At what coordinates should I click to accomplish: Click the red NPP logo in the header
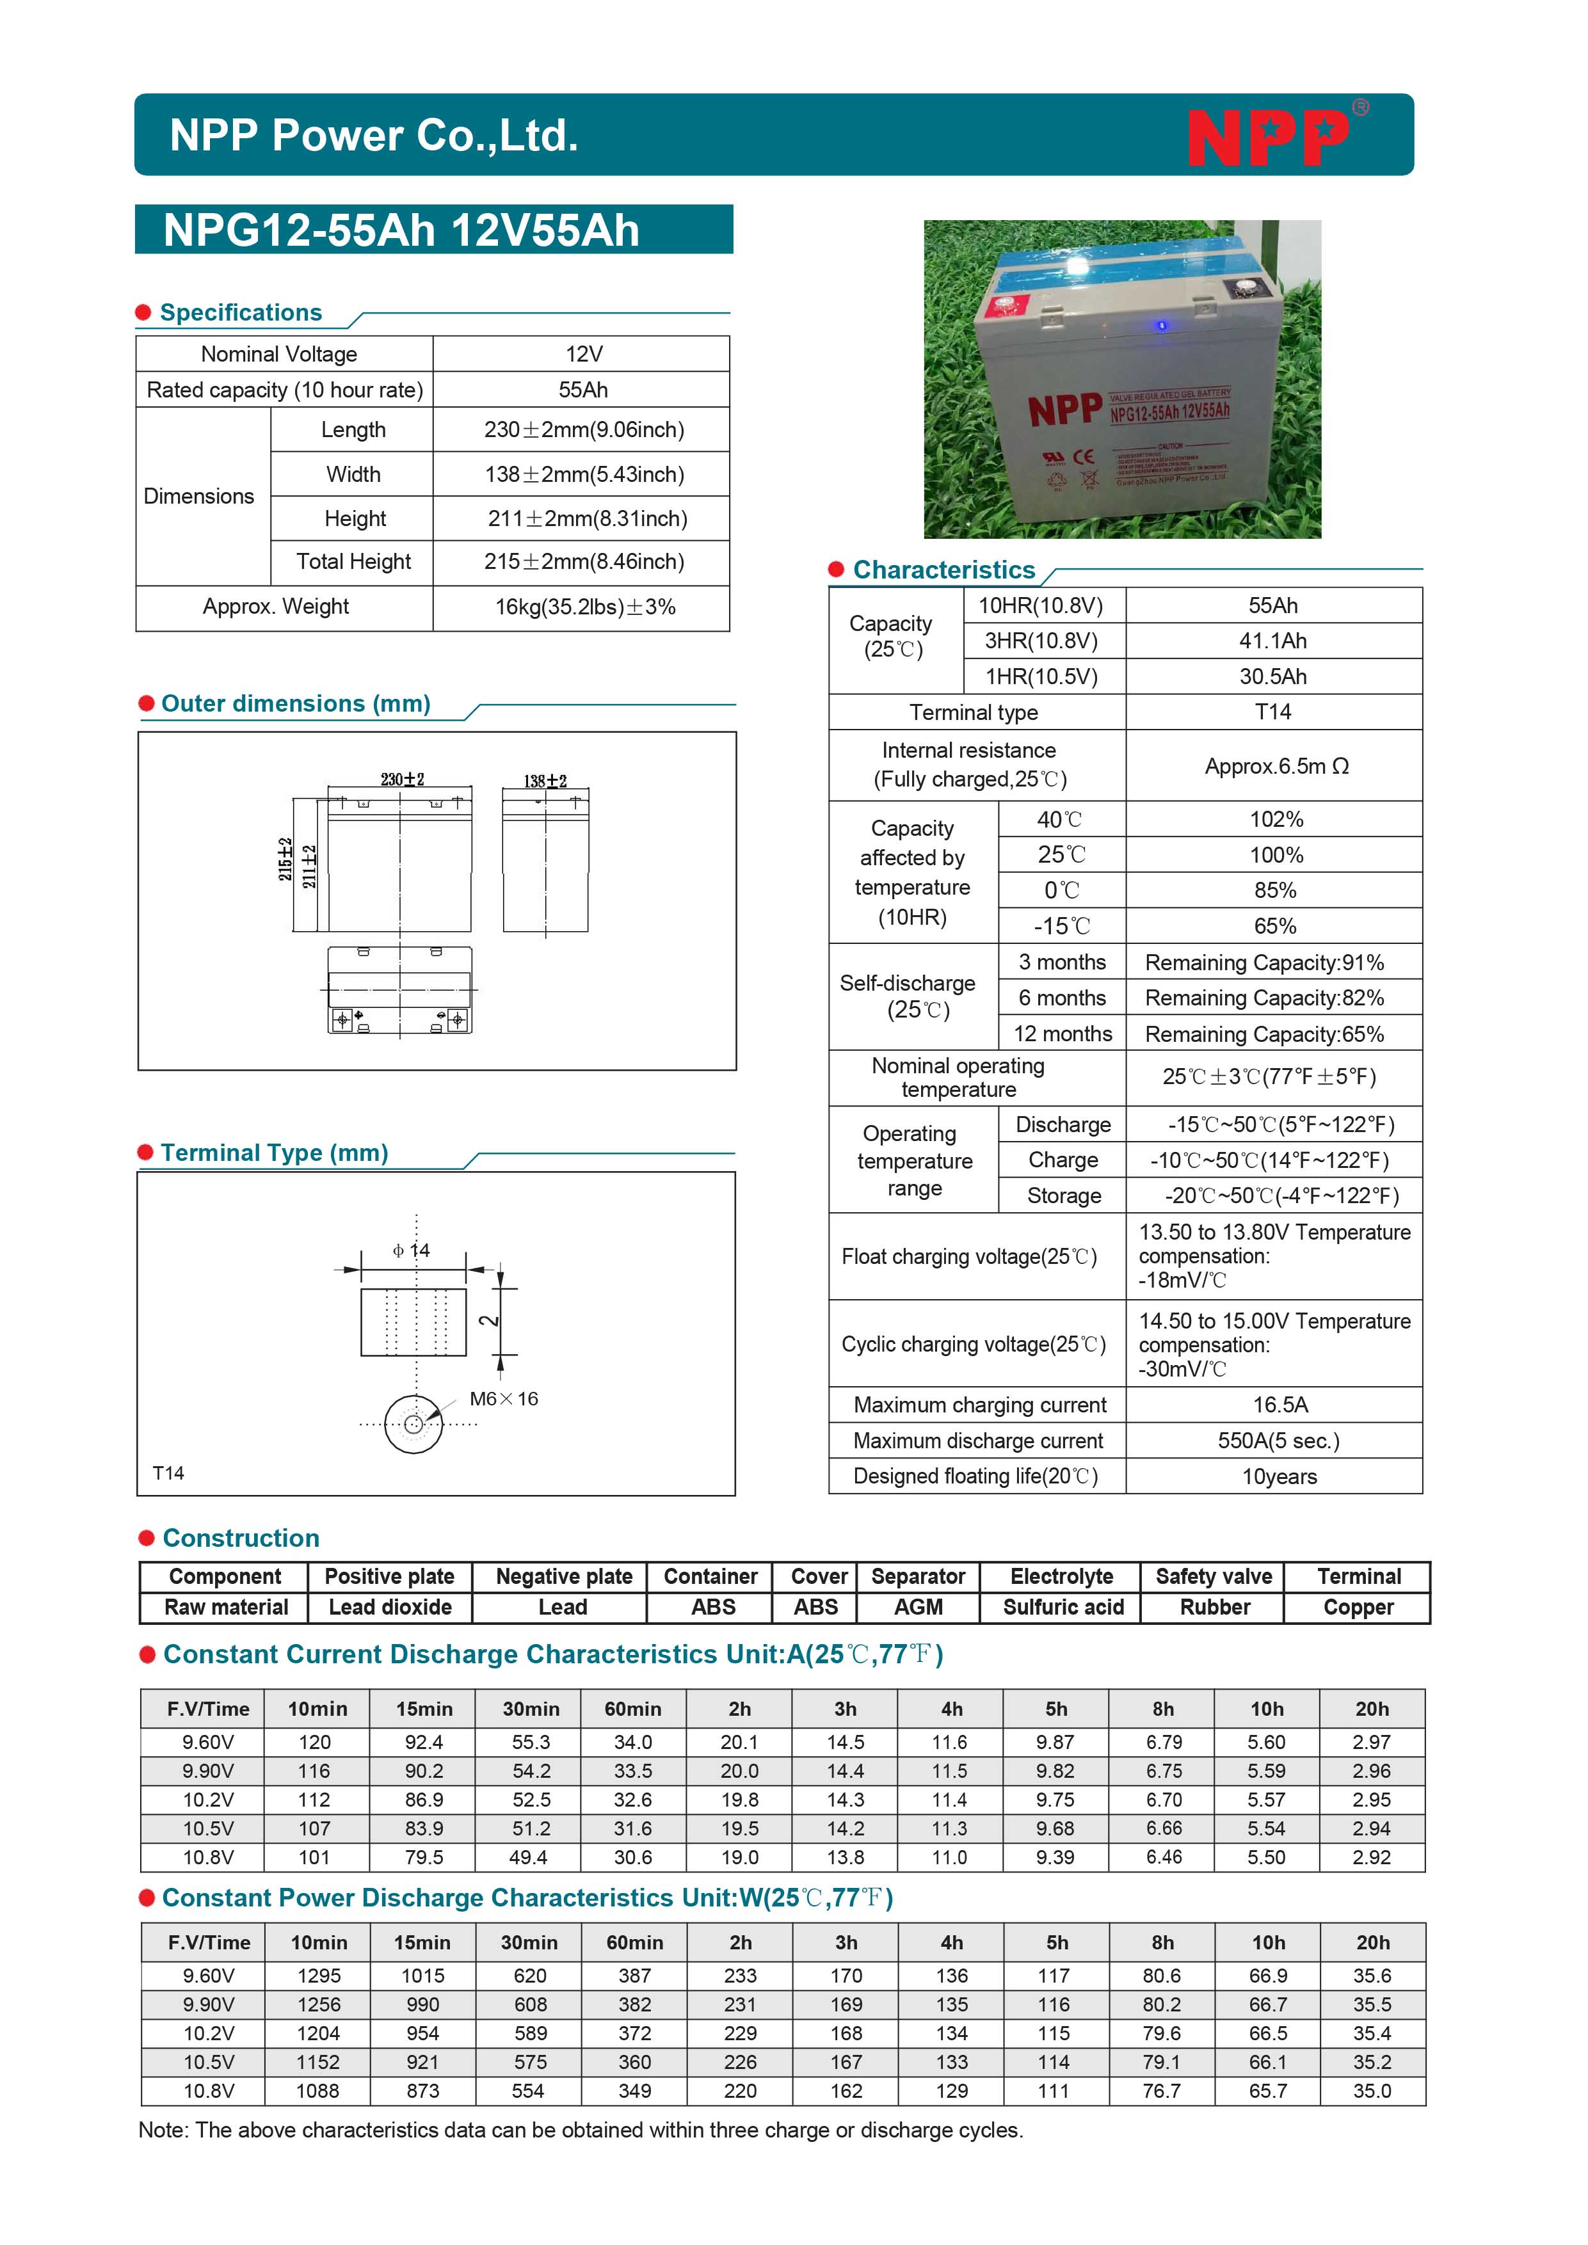pos(1268,137)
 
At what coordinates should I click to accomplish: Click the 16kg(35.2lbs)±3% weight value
pos(585,607)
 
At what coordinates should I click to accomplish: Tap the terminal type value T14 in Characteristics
pos(1272,712)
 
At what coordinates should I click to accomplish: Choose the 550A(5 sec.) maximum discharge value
pos(1278,1441)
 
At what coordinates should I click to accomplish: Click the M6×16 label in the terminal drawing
pos(504,1399)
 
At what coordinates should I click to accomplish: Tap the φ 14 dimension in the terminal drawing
pos(412,1250)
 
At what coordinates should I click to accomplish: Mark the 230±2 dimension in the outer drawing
pos(402,779)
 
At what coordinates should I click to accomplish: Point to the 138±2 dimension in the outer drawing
pos(545,781)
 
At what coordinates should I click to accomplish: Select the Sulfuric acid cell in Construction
pos(1063,1608)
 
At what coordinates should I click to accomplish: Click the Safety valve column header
pos(1214,1577)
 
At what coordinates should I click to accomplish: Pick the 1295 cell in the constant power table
pos(319,1976)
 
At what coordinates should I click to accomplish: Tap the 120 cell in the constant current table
pos(315,1743)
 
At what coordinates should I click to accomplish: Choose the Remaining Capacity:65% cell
pos(1264,1034)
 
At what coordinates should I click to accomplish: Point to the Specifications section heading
pos(241,313)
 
